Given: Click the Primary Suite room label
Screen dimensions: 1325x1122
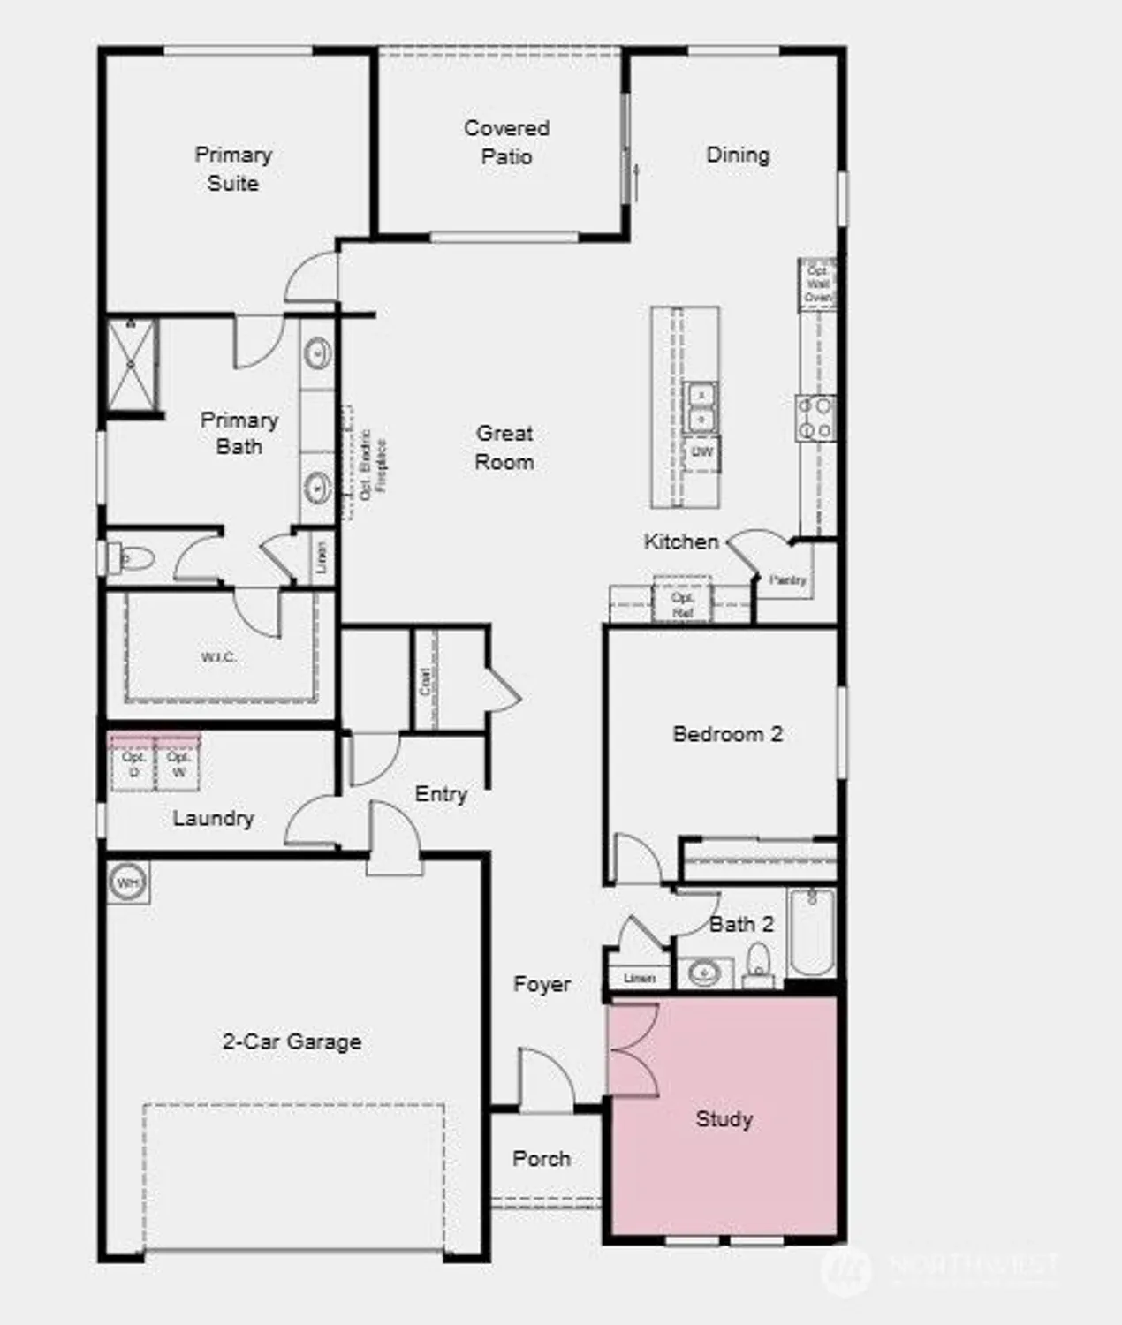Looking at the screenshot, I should click(233, 169).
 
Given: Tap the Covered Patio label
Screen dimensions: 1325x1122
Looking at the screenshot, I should click(506, 142).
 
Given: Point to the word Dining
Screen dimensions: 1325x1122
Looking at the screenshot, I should click(738, 155).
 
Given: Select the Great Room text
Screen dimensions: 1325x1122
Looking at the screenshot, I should click(504, 447).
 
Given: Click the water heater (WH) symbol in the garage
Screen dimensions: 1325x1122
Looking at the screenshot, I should click(128, 882).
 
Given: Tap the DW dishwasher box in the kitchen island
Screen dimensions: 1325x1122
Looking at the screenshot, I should click(701, 452).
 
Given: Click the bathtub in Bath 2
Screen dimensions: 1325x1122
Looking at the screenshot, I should click(811, 931).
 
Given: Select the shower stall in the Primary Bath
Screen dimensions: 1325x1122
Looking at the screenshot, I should click(132, 363).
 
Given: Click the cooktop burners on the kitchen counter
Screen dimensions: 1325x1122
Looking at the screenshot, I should click(815, 418).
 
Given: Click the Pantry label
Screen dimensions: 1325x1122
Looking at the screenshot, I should click(787, 580).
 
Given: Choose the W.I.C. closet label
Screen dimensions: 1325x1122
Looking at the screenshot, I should click(218, 657).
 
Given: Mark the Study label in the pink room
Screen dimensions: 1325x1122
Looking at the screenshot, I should click(724, 1119).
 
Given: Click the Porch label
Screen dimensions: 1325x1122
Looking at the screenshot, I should click(542, 1159).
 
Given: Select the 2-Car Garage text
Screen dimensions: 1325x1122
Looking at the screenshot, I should click(292, 1042).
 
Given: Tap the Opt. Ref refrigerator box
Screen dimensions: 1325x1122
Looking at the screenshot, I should click(682, 604).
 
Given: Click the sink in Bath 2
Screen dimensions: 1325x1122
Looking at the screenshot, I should click(704, 973).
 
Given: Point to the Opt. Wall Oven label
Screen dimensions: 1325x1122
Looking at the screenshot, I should click(818, 284).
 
